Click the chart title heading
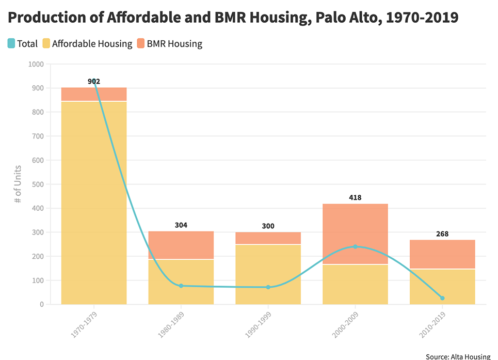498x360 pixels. click(233, 18)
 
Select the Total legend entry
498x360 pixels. click(23, 43)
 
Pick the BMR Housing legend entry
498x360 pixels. click(169, 43)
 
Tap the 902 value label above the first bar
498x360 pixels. click(94, 81)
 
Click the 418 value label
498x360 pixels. click(355, 197)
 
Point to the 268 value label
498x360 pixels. click(442, 233)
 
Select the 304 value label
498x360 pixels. click(181, 225)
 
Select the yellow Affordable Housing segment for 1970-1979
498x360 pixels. click(94, 207)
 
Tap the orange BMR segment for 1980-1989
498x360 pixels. click(181, 245)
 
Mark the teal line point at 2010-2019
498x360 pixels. click(442, 298)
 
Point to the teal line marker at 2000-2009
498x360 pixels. click(355, 246)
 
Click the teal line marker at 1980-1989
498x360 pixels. click(181, 286)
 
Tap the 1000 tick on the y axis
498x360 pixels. click(36, 64)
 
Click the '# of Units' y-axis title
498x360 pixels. click(18, 184)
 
